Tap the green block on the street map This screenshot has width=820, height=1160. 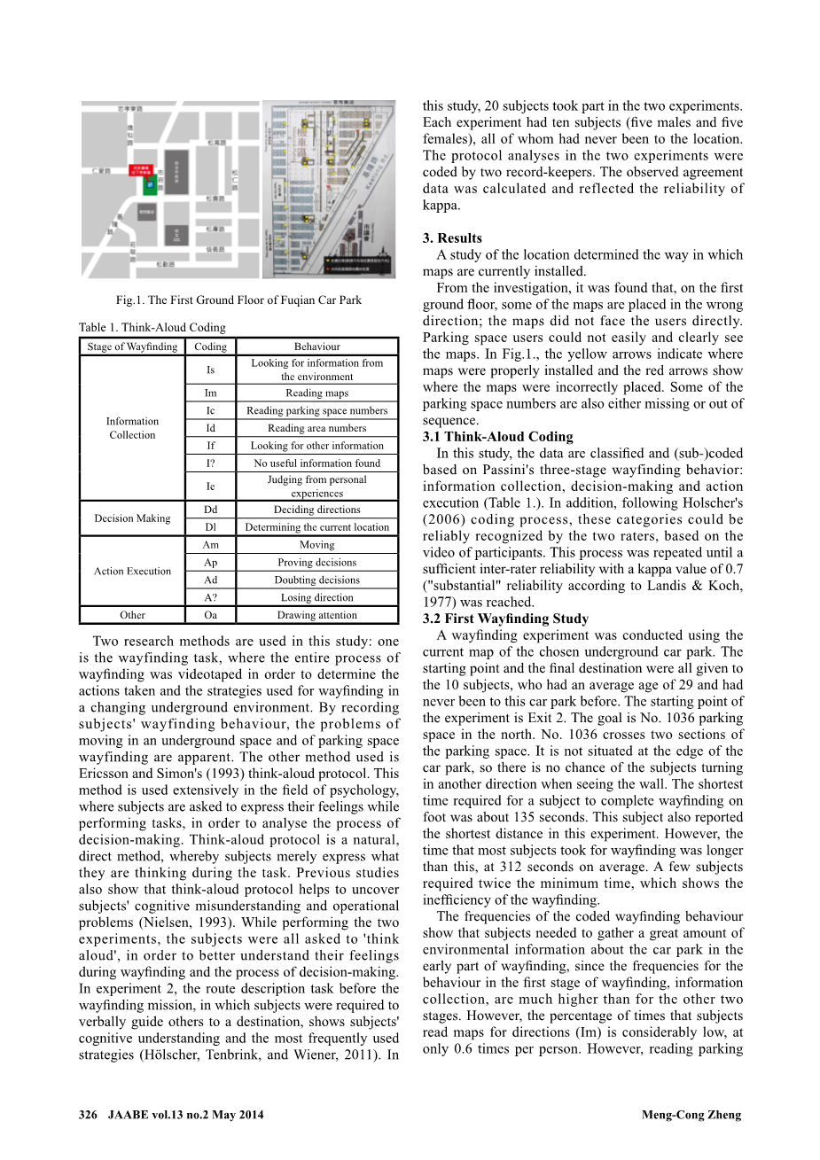pos(150,185)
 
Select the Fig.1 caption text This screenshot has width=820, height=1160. pos(238,300)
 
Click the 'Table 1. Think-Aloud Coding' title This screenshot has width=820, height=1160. pos(152,327)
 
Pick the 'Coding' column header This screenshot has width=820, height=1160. pos(210,346)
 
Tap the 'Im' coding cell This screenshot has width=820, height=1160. pos(210,393)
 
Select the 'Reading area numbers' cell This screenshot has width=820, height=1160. pos(316,428)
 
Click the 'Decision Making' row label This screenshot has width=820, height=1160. pos(132,518)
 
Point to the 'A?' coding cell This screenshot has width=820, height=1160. pos(210,597)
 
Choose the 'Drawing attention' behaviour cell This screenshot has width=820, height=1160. pos(316,615)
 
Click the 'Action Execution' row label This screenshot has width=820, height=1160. pos(132,572)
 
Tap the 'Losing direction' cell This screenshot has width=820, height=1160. pos(316,597)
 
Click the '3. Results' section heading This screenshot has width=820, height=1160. pos(452,238)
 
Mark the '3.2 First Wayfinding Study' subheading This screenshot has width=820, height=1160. pos(505,619)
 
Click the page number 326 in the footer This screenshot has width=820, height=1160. pos(88,1115)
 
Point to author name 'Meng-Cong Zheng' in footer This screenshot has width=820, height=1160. pos(691,1115)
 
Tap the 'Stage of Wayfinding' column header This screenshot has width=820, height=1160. pos(132,346)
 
